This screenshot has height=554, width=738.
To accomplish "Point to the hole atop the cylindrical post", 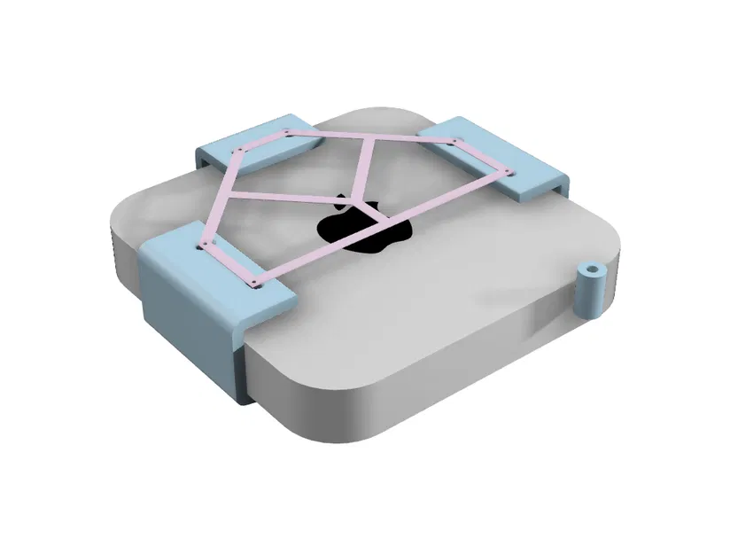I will point(588,268).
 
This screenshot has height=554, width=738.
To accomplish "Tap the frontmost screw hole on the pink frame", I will point(256,284).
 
